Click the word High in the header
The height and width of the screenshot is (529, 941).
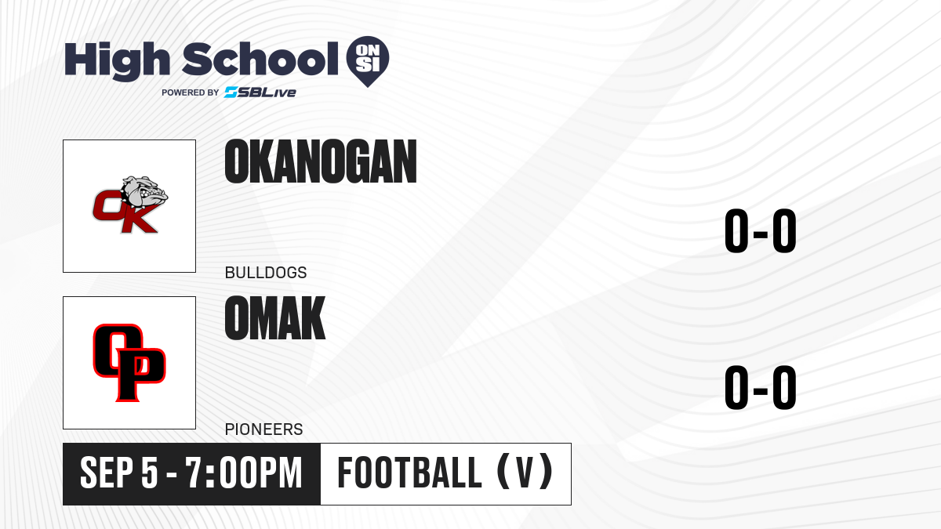point(117,60)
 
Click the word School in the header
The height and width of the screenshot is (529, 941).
point(260,59)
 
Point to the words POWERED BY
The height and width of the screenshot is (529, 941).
point(191,92)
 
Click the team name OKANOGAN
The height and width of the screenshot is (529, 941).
point(321,161)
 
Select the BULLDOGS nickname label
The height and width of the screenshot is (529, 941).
point(266,273)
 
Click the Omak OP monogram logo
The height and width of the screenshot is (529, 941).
point(129,363)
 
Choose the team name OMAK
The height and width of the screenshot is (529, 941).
point(275,318)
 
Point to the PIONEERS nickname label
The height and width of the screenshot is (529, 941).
point(263,429)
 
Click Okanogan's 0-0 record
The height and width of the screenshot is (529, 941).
point(761,230)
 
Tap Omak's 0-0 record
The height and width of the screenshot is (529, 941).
point(761,387)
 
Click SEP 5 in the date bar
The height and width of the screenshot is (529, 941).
point(119,473)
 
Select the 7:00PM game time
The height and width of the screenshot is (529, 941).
point(244,473)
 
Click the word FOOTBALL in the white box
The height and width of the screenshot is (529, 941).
point(409,473)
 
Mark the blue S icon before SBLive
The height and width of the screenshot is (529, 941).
point(231,92)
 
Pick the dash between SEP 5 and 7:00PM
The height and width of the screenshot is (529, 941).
point(172,474)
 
